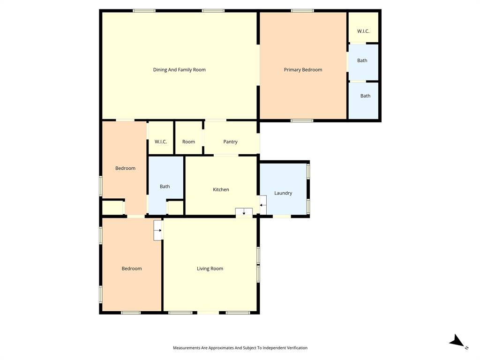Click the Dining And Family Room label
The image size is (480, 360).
pyautogui.click(x=179, y=70)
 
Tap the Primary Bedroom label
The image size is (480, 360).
pyautogui.click(x=303, y=70)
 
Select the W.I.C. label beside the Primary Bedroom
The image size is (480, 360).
pyautogui.click(x=363, y=31)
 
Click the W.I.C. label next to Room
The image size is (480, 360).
pyautogui.click(x=161, y=142)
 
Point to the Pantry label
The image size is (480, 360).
pyautogui.click(x=230, y=142)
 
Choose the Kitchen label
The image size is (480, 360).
pyautogui.click(x=221, y=190)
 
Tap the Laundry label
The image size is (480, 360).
pyautogui.click(x=283, y=193)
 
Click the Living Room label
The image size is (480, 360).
pyautogui.click(x=210, y=269)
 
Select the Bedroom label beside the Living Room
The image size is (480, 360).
pyautogui.click(x=132, y=269)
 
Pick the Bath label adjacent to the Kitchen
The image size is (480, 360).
pyautogui.click(x=165, y=187)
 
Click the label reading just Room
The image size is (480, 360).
pyautogui.click(x=188, y=142)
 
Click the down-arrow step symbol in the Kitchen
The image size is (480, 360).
pyautogui.click(x=244, y=213)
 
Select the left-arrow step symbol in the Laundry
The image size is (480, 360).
pyautogui.click(x=262, y=205)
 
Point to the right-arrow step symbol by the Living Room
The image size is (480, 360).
pyautogui.click(x=158, y=230)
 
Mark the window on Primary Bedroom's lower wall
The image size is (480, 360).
pyautogui.click(x=302, y=120)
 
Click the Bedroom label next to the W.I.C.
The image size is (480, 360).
pyautogui.click(x=125, y=168)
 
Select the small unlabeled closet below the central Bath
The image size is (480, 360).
pyautogui.click(x=175, y=208)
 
